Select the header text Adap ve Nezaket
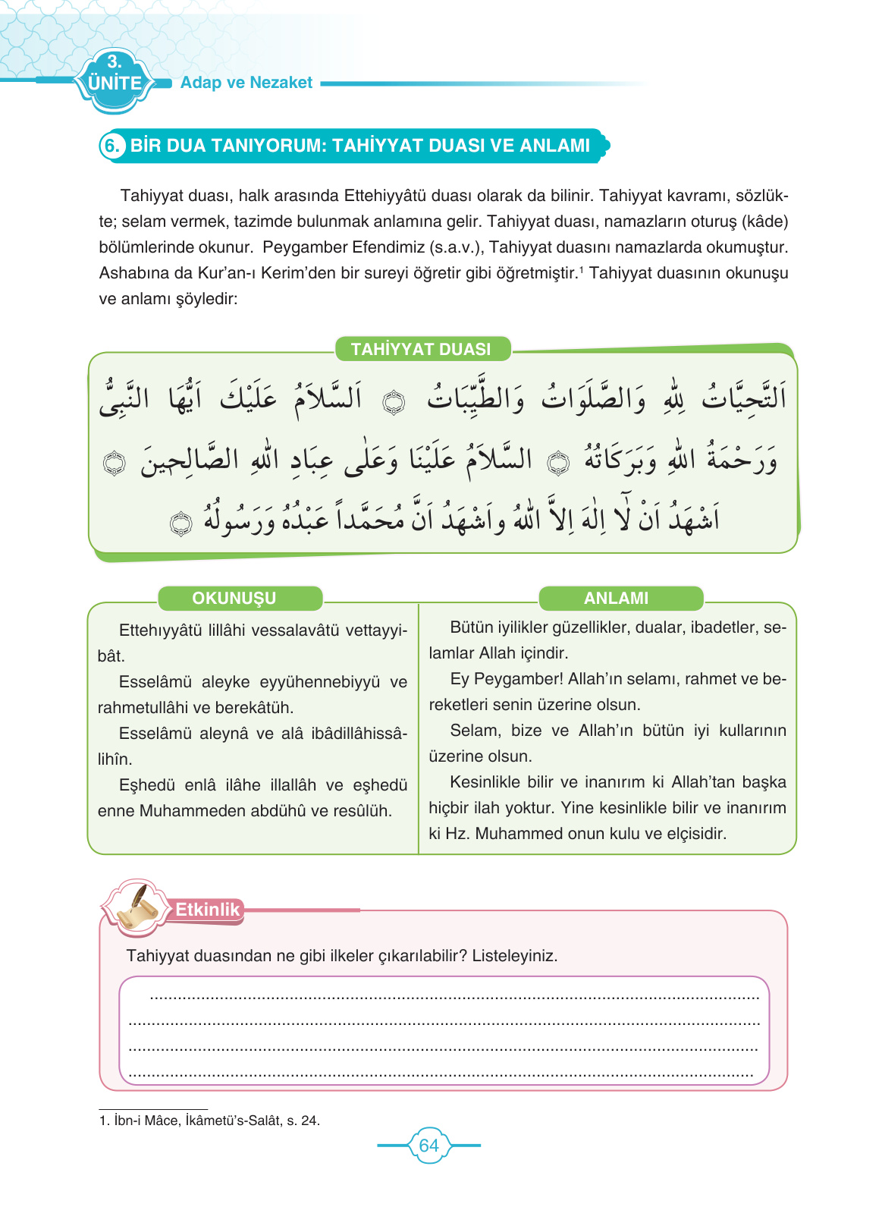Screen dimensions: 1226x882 pos(246,83)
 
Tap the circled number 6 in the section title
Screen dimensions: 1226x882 pos(112,146)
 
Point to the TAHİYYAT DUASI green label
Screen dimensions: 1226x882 pos(421,349)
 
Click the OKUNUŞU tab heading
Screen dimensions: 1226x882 pos(234,598)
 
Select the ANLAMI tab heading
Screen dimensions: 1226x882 pos(616,598)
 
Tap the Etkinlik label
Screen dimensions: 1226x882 pos(207,909)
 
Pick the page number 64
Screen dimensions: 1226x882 pos(428,1146)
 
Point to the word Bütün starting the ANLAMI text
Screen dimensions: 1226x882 pos(471,627)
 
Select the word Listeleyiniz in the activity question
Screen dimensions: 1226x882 pos(514,955)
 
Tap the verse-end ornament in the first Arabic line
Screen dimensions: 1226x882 pos(394,402)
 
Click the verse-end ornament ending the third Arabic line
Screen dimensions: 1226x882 pos(180,523)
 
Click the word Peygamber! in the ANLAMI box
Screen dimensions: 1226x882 pos(518,679)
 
